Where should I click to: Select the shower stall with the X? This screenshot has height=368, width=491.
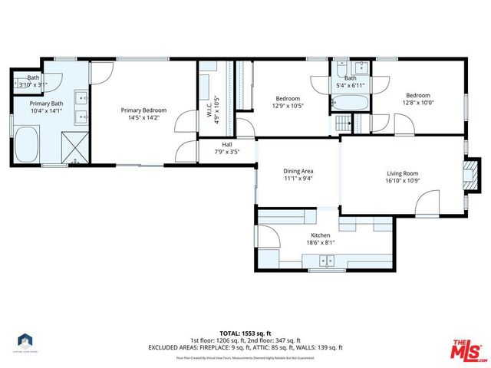tap(74, 148)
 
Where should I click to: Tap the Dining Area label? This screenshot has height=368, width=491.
tap(298, 171)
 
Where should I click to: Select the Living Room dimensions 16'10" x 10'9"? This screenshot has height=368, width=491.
tap(404, 181)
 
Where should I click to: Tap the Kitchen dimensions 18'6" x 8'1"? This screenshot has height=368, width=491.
tap(320, 243)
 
